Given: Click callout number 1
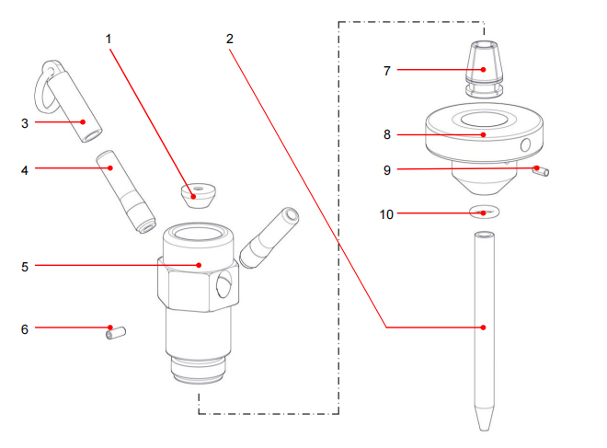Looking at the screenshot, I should (x=109, y=40).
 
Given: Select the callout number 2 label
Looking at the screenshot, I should (x=229, y=40).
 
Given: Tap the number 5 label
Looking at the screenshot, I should (x=25, y=267).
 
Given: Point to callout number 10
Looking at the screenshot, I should (x=387, y=214).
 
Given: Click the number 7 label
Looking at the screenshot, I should (x=387, y=70).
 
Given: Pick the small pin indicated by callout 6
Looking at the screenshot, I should (x=116, y=330).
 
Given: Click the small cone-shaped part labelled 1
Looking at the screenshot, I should (x=197, y=195).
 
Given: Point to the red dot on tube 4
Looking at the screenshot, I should (x=110, y=167).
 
